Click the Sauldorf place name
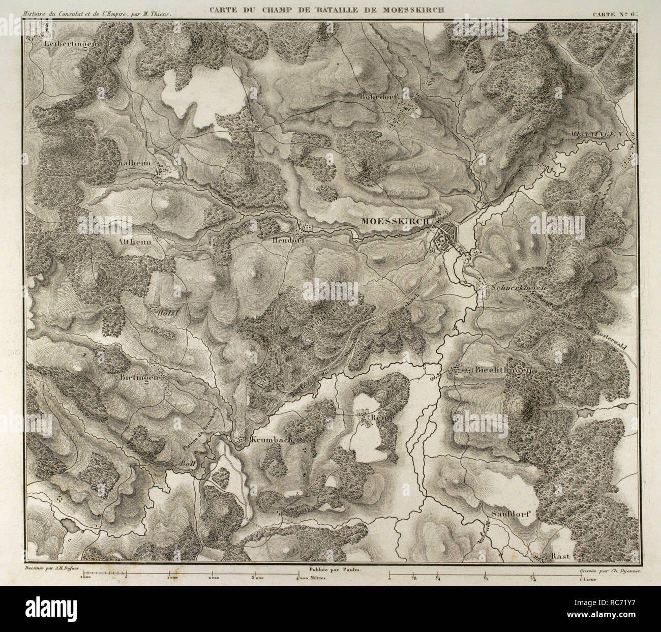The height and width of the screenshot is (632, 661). pos(511,514)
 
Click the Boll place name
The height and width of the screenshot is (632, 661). pos(188,464)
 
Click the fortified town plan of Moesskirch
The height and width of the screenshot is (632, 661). pos(444,237)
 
